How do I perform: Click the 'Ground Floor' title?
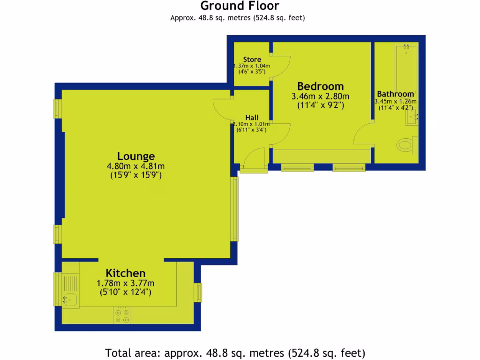(x=240, y=6)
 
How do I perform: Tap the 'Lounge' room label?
(x=136, y=156)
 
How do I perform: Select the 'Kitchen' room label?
(x=125, y=273)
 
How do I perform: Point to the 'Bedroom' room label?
(x=321, y=86)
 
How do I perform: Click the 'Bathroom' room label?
(x=396, y=94)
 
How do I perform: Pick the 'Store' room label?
(x=252, y=60)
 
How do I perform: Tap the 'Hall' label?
(x=251, y=117)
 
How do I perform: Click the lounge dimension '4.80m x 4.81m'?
(x=136, y=166)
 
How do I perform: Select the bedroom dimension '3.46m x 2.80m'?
(x=321, y=97)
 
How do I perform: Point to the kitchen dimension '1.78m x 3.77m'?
(x=125, y=283)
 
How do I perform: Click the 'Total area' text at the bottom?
(x=235, y=352)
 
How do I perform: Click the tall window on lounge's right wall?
(x=234, y=209)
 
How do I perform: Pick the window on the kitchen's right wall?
(x=199, y=293)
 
